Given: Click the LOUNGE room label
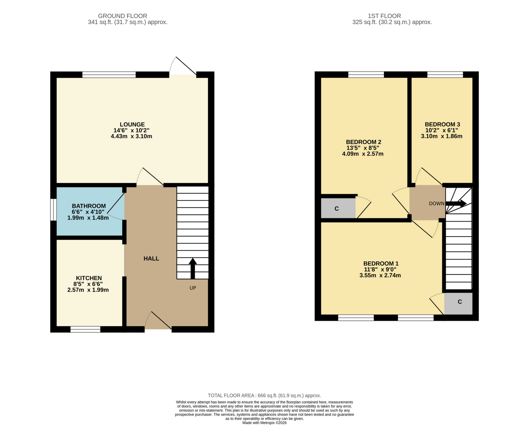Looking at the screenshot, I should point(132,125).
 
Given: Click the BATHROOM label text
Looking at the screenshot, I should point(89,206).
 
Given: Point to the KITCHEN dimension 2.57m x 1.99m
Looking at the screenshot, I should point(88,290).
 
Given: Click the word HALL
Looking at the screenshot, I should point(151,259).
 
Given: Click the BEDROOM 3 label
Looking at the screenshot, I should point(442,124).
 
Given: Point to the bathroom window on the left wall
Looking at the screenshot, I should point(53,210).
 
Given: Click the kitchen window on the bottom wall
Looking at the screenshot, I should point(85,329).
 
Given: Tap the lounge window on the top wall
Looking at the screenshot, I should point(109,75).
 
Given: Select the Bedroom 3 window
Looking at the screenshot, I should point(445,75).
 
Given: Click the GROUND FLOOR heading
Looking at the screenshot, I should point(123,16).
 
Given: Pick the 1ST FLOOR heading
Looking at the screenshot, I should point(384,16).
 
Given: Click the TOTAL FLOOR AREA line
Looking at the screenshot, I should point(264,395).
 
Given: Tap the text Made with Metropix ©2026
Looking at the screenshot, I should point(264,423).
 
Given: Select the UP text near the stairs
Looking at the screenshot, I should point(193,288).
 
